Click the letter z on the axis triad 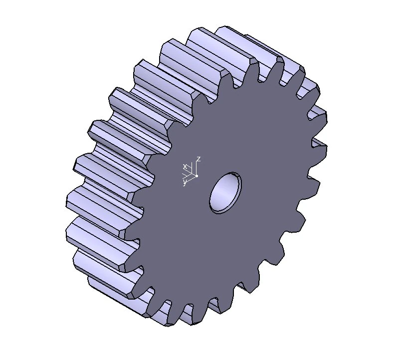coord(199,159)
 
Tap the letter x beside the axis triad coord(185,166)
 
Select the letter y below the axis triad coord(185,183)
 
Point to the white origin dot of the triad coord(197,176)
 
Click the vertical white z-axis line coord(197,168)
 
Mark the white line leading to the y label coord(190,179)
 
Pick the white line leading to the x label coord(191,171)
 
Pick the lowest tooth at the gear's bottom coord(170,320)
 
